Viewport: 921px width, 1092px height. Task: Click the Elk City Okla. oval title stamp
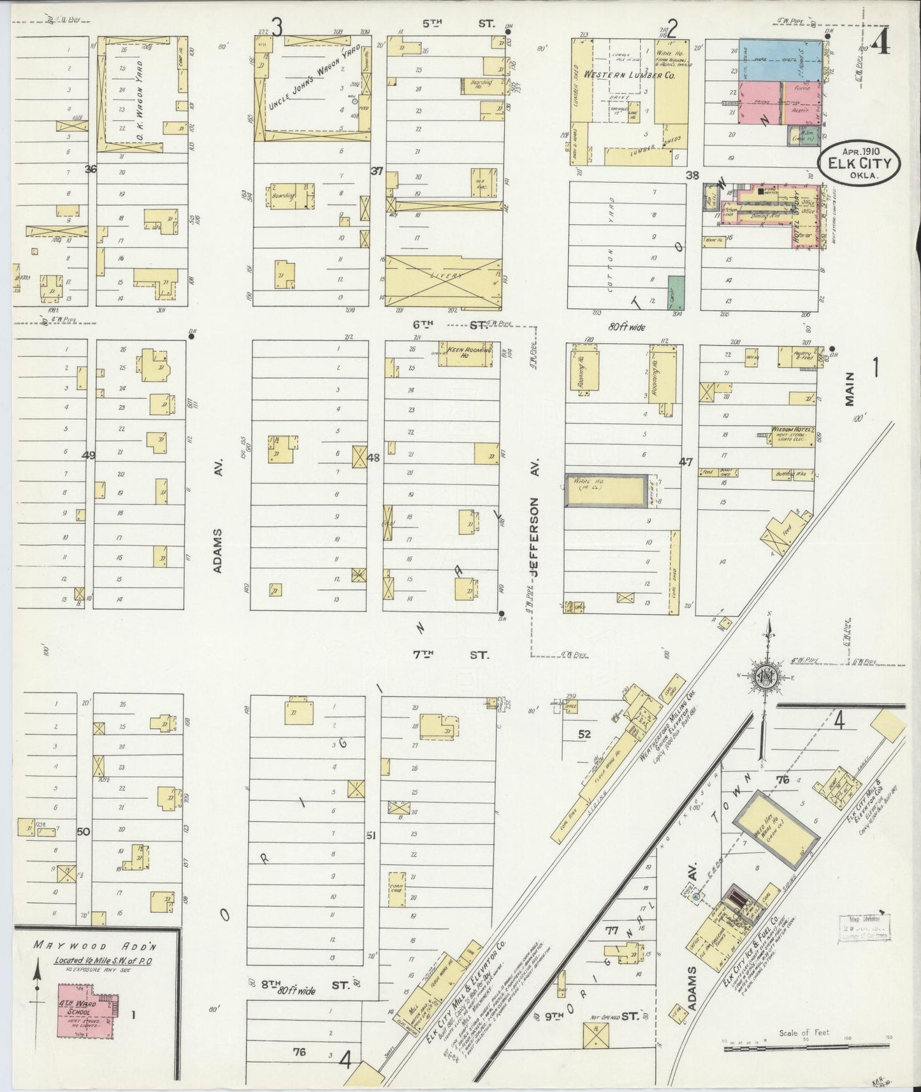(860, 163)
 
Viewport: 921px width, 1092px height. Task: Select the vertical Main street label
(849, 389)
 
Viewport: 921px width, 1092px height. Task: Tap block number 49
(89, 455)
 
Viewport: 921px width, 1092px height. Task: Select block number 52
(584, 734)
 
